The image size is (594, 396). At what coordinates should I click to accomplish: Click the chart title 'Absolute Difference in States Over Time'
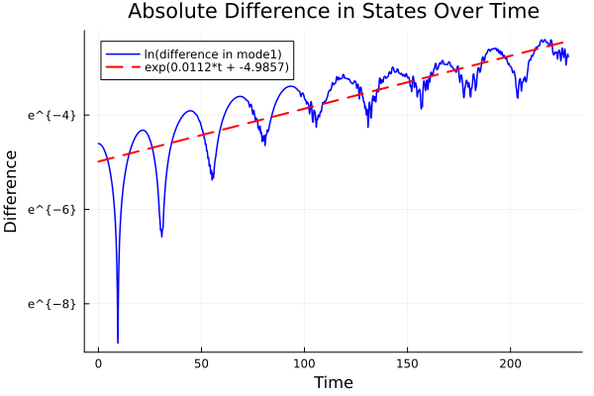[x=333, y=12]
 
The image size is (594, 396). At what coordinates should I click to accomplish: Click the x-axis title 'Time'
[x=333, y=382]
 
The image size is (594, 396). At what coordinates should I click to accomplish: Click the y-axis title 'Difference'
[x=11, y=191]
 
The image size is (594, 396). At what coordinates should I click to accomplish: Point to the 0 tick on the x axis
[x=98, y=365]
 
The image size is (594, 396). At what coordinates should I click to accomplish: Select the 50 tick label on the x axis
[x=201, y=365]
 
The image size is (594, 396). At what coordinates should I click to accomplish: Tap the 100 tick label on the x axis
[x=304, y=365]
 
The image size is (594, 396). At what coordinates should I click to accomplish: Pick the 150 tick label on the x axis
[x=407, y=365]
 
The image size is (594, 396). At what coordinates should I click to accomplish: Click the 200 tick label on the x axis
[x=510, y=365]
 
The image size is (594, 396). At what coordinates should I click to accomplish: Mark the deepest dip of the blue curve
[x=118, y=342]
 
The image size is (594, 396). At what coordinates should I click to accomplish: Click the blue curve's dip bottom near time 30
[x=161, y=236]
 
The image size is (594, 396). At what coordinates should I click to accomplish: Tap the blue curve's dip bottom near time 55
[x=212, y=179]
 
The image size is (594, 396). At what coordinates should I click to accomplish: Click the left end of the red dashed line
[x=98, y=161]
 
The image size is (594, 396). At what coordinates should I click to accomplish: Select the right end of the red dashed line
[x=564, y=42]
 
